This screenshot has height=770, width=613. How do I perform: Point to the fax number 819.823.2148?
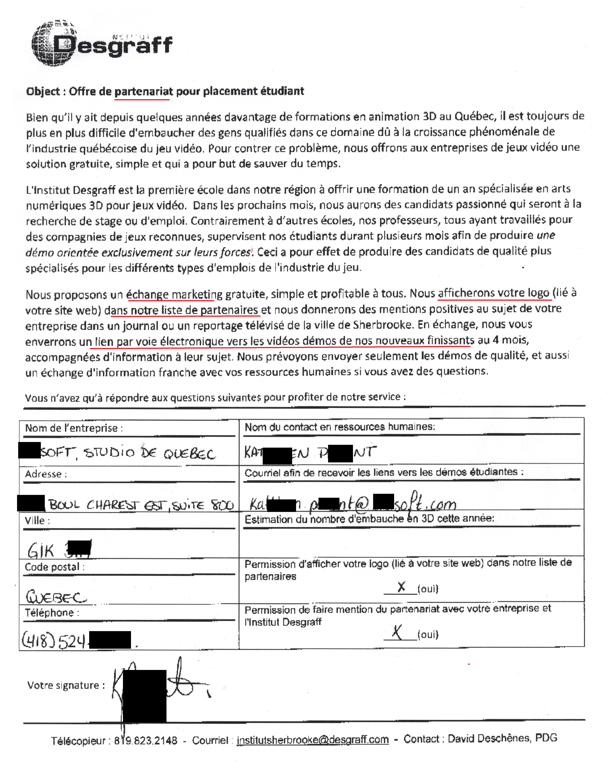point(146,740)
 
